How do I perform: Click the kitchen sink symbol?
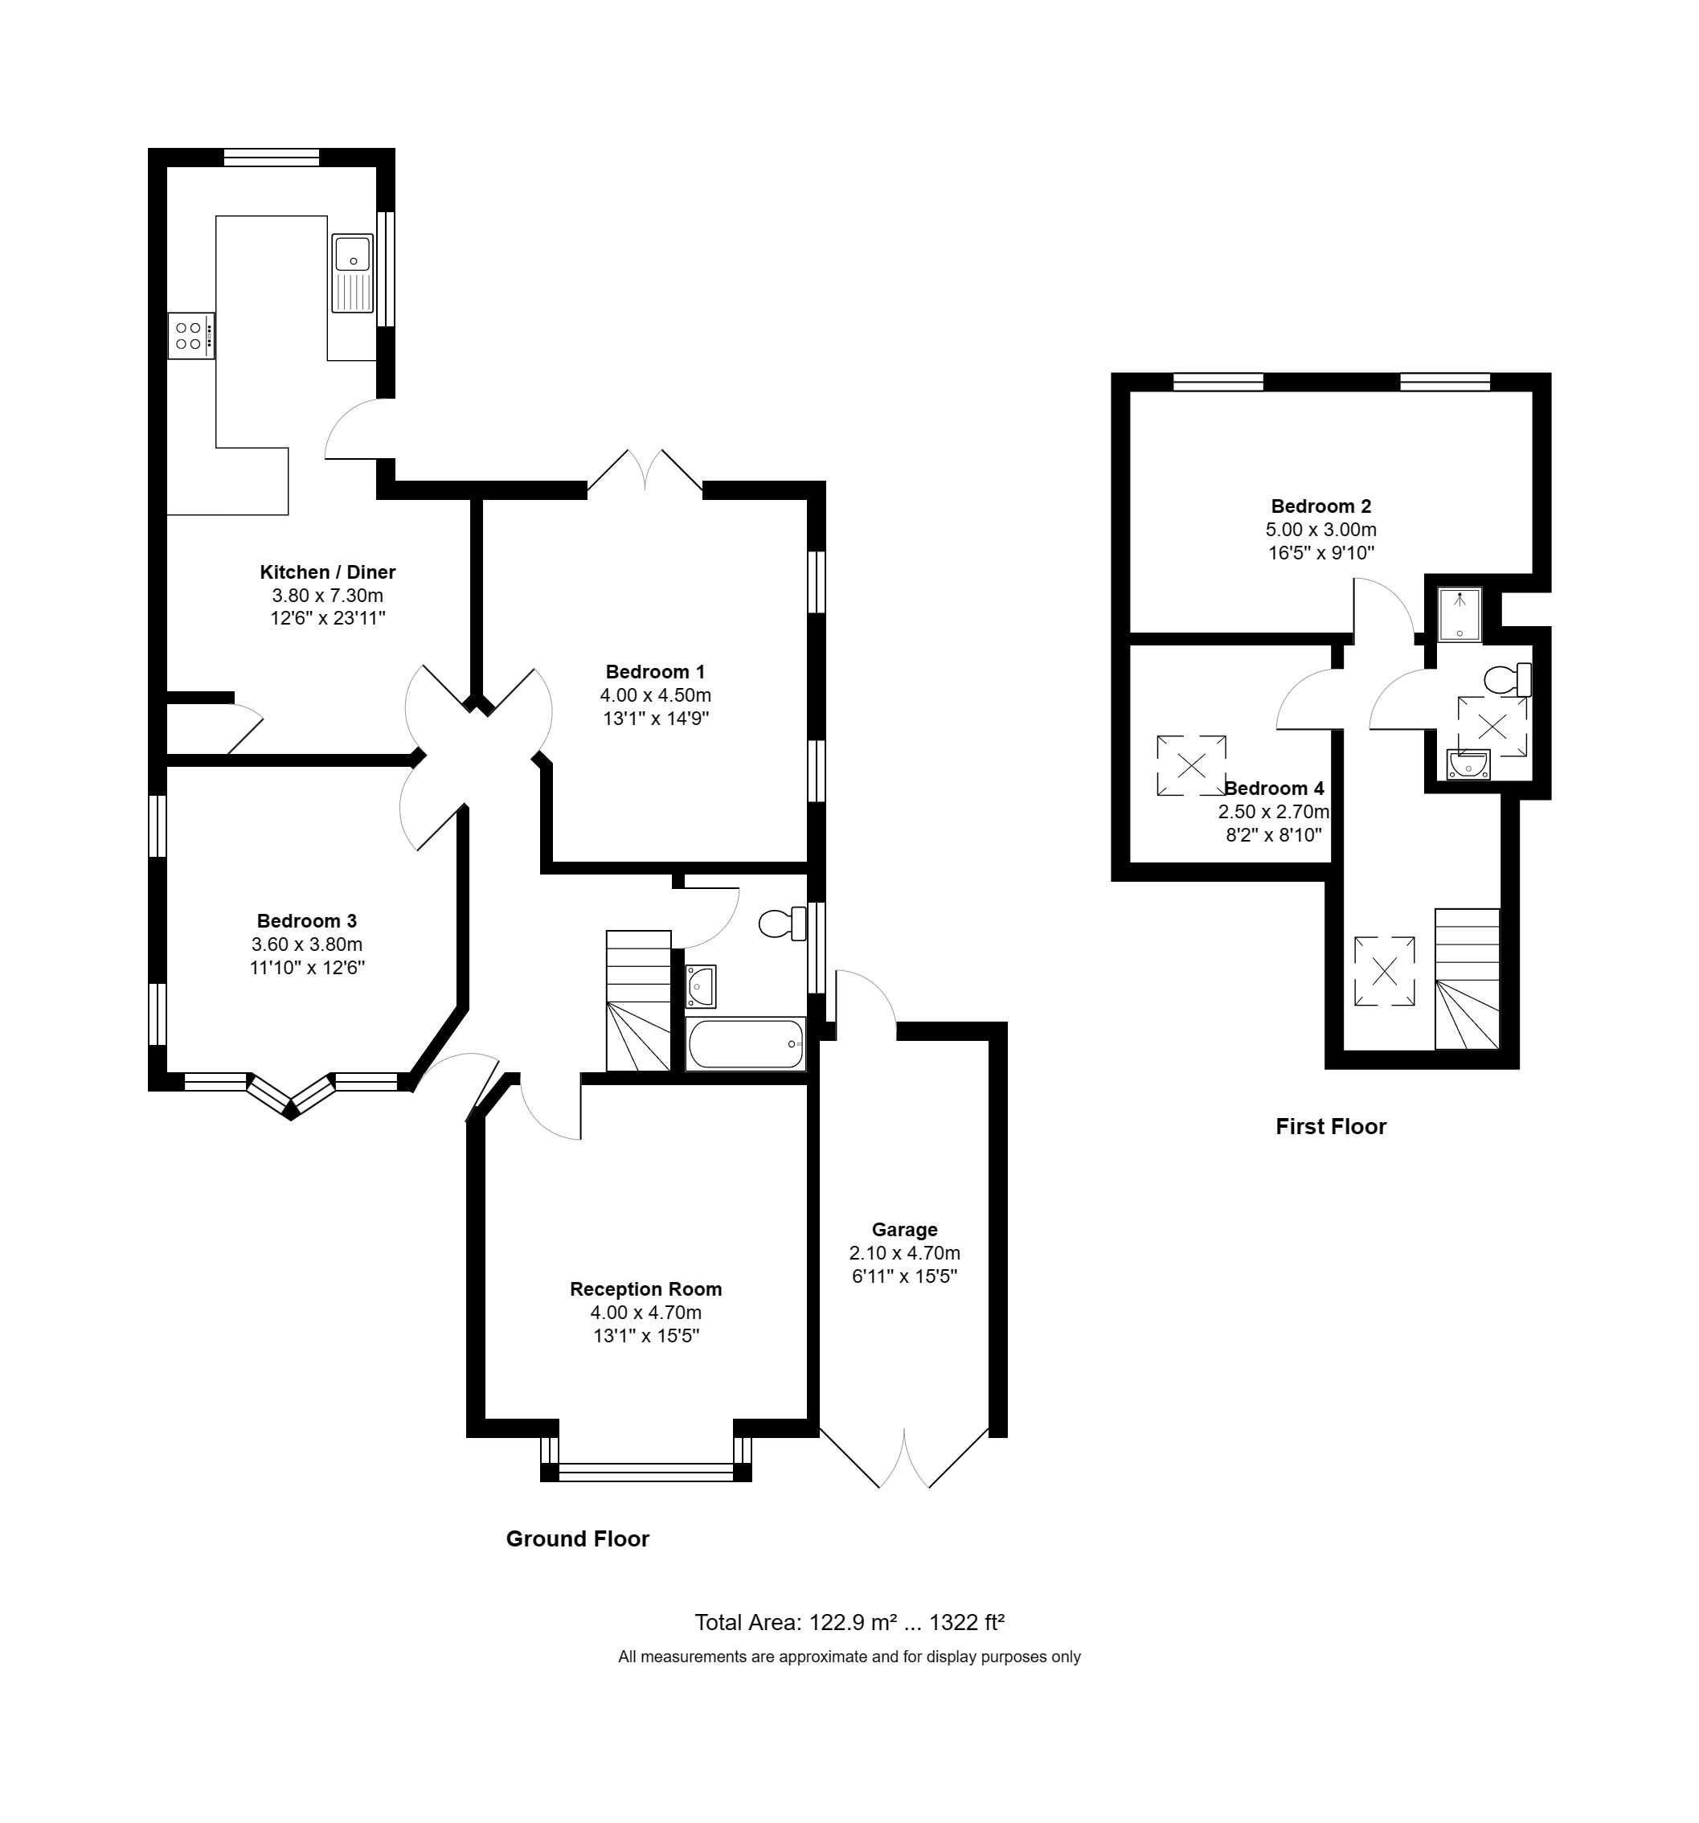coord(352,273)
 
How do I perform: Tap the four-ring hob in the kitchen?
coord(190,336)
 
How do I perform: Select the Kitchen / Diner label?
coord(327,572)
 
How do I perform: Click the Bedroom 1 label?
coord(655,671)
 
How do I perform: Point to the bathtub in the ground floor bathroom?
coord(746,1043)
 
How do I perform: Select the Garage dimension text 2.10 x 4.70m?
coord(904,1252)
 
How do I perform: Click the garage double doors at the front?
coord(904,1458)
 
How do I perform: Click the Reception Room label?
coord(645,1288)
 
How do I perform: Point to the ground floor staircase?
coord(638,1001)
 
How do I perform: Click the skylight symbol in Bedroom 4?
coord(1191,764)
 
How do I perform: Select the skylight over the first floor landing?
coord(1384,970)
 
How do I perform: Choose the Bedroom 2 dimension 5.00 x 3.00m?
coord(1320,529)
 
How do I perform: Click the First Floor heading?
coord(1330,1126)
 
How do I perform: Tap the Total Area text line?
coord(849,1622)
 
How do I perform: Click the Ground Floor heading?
coord(577,1538)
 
